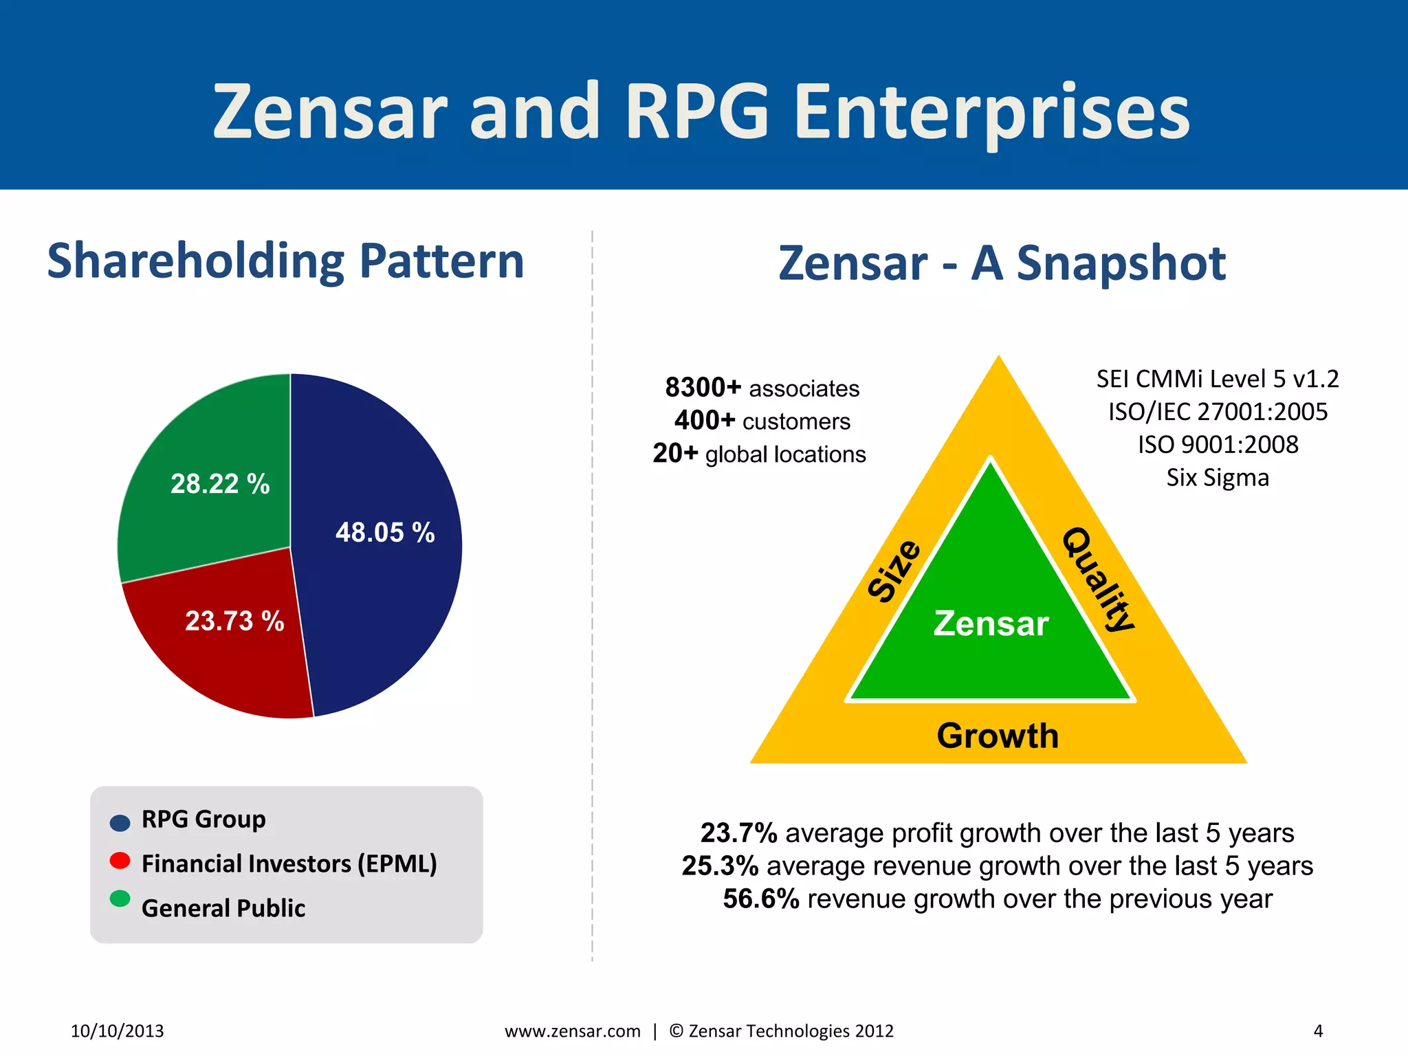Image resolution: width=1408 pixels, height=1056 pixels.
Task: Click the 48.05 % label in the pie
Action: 385,533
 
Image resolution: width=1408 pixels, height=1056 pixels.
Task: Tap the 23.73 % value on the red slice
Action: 234,621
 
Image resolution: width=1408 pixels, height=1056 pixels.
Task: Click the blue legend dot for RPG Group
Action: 120,822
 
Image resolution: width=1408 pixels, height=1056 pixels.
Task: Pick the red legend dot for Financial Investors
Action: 120,861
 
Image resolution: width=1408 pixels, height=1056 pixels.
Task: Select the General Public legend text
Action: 223,908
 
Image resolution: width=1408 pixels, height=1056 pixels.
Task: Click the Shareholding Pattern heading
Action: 285,261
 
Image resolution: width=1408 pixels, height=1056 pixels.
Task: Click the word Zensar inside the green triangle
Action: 991,624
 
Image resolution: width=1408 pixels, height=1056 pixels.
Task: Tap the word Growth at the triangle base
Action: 998,736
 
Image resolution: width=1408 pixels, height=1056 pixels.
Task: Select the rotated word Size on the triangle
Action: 894,571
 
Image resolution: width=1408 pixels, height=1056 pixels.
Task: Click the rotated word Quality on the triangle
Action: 1098,580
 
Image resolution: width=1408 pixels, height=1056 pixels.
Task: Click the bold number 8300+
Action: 703,388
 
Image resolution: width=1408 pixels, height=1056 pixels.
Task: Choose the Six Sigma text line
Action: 1217,478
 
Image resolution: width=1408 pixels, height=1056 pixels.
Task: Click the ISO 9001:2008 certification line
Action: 1218,445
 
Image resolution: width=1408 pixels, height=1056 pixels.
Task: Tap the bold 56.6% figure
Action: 760,899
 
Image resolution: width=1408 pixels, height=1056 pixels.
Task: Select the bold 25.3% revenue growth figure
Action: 720,866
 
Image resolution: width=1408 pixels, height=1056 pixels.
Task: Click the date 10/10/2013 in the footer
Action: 118,1031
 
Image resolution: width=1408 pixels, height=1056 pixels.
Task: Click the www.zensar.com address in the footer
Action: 573,1031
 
